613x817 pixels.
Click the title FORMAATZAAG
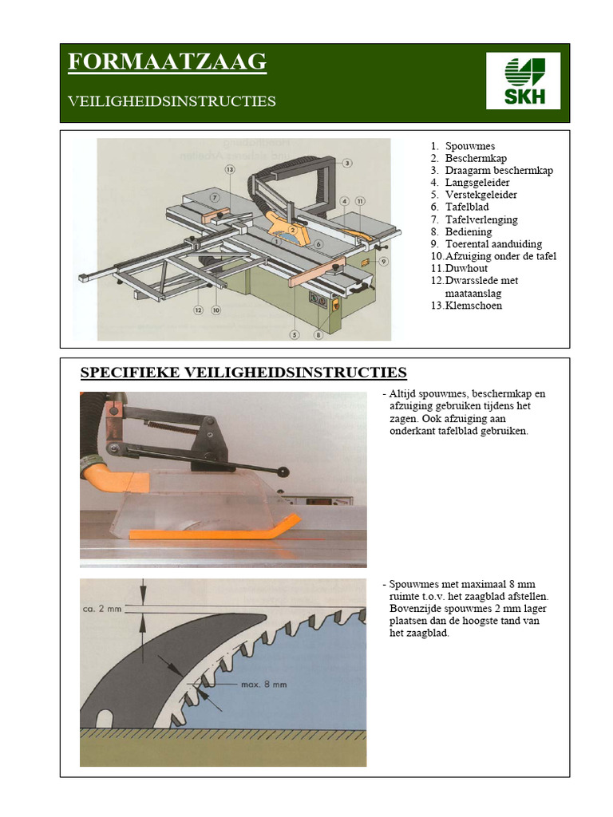pyautogui.click(x=166, y=62)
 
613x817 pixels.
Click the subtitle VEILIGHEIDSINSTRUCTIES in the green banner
pyautogui.click(x=172, y=101)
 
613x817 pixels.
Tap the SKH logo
pyautogui.click(x=523, y=81)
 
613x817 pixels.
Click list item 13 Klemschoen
pyautogui.click(x=473, y=305)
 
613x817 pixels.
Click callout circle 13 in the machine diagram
pyautogui.click(x=230, y=170)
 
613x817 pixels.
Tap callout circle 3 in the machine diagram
pyautogui.click(x=348, y=163)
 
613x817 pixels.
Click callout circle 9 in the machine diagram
pyautogui.click(x=384, y=261)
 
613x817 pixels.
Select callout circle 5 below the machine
pyautogui.click(x=295, y=335)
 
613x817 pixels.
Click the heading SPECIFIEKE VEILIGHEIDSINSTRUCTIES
pyautogui.click(x=244, y=373)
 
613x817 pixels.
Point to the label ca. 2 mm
pyautogui.click(x=102, y=609)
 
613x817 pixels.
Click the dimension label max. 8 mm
pyautogui.click(x=263, y=685)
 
